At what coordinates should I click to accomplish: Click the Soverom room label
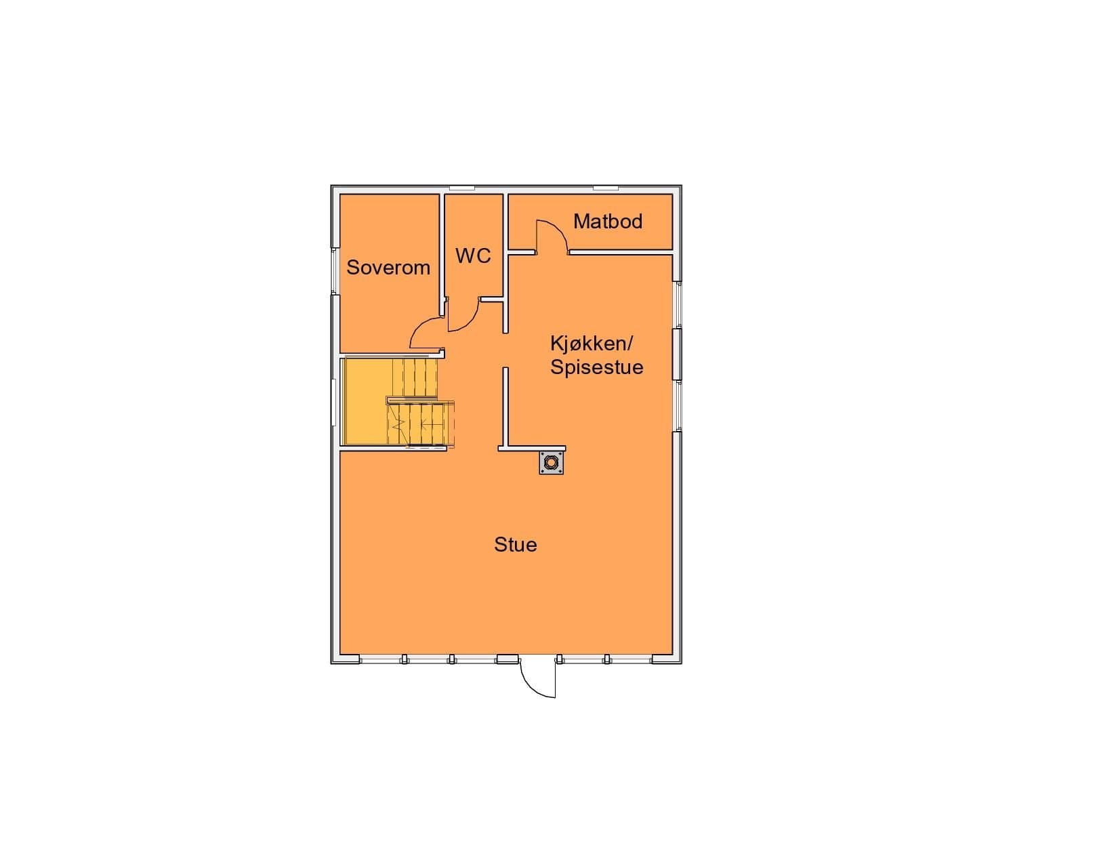click(388, 268)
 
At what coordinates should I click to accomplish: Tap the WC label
click(473, 255)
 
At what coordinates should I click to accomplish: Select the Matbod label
click(608, 222)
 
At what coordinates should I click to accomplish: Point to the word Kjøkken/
click(592, 344)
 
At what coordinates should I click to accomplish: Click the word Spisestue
click(597, 367)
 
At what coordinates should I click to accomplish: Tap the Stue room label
click(516, 544)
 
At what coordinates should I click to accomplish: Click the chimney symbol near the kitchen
click(551, 462)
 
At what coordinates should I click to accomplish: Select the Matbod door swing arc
click(552, 236)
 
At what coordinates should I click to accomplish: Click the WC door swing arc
click(463, 315)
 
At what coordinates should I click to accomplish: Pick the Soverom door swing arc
click(426, 333)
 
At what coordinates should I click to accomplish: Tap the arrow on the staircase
click(432, 424)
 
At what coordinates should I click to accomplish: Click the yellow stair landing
click(366, 401)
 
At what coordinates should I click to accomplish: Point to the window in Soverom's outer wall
click(335, 271)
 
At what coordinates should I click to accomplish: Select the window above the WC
click(462, 188)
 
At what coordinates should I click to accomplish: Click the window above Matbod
click(606, 188)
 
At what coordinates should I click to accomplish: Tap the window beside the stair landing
click(334, 403)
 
